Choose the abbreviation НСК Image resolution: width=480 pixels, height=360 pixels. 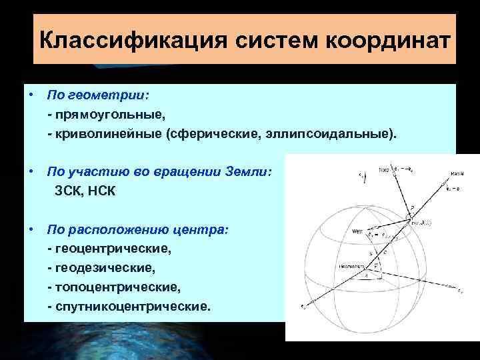pos(101,192)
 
